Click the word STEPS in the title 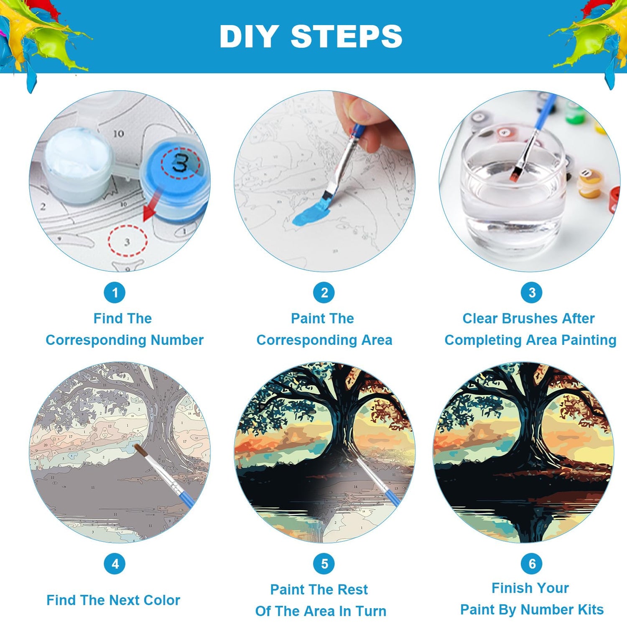[347, 36]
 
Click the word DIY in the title [249, 36]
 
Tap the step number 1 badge [115, 293]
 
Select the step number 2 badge [324, 293]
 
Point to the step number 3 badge [532, 293]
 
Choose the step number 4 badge [115, 563]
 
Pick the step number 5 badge [324, 563]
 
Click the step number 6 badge [532, 563]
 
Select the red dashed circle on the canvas [127, 241]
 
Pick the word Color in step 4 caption [162, 600]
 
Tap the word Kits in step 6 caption [591, 609]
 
